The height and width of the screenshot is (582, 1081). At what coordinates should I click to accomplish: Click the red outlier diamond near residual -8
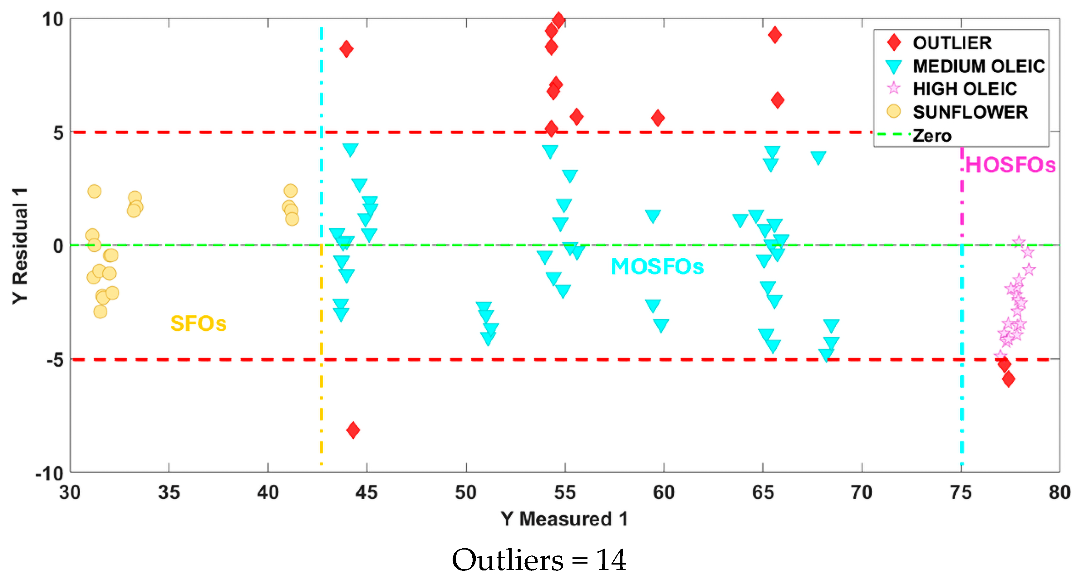point(353,430)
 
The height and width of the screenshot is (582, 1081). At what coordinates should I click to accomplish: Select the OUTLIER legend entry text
point(952,43)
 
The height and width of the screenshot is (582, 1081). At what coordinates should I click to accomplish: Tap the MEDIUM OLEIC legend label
point(979,66)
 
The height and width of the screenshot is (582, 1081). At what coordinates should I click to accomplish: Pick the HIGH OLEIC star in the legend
point(893,89)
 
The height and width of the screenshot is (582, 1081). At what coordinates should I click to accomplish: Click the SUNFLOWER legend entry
point(970,112)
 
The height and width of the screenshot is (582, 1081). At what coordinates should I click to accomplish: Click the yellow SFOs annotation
point(198,324)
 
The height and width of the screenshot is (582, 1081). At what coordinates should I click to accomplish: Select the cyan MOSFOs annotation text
point(657,267)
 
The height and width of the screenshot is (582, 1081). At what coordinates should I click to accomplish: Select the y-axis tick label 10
point(52,19)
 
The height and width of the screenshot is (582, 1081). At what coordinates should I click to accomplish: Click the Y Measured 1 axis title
point(564,519)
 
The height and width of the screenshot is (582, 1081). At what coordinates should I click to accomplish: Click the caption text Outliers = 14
point(539,560)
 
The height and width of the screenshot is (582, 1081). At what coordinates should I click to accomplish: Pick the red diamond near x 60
point(658,118)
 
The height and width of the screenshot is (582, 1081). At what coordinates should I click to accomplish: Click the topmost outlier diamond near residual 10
point(558,20)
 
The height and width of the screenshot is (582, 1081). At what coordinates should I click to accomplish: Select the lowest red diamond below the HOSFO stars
point(1008,379)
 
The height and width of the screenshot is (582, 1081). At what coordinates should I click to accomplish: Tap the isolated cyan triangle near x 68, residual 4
point(818,158)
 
